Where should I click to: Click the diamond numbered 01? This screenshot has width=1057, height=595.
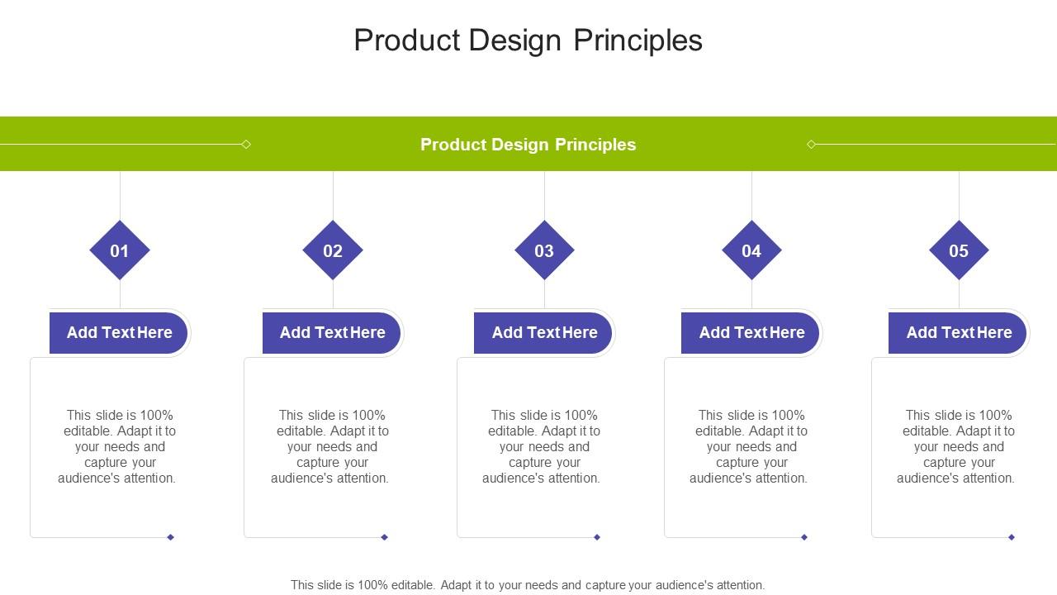point(120,250)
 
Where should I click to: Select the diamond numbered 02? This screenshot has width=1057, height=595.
point(333,250)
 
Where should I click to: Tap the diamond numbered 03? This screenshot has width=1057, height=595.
point(544,250)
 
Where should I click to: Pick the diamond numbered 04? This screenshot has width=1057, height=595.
point(751,250)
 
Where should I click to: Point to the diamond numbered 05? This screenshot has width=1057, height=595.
point(959,250)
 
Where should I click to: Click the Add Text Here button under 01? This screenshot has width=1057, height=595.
point(119,332)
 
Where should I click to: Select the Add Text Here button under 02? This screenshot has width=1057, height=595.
point(332,332)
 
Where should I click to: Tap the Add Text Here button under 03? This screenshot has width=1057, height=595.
point(544,332)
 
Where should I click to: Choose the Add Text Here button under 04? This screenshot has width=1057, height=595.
point(751,332)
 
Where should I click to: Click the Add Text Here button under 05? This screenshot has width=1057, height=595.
point(959,332)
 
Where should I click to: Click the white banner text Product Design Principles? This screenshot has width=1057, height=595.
point(528,145)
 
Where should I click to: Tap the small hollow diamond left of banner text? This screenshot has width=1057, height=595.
point(246,145)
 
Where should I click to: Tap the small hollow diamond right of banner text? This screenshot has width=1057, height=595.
point(811,145)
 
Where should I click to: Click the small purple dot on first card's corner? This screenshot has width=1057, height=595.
point(171,537)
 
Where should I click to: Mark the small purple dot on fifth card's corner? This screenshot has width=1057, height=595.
point(1012,537)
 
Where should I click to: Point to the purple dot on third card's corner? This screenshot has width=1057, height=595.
point(597,537)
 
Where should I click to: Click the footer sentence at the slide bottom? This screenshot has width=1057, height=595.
point(528,585)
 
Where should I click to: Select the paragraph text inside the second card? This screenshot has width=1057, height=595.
point(330,446)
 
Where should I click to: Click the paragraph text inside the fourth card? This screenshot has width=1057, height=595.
point(749,446)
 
